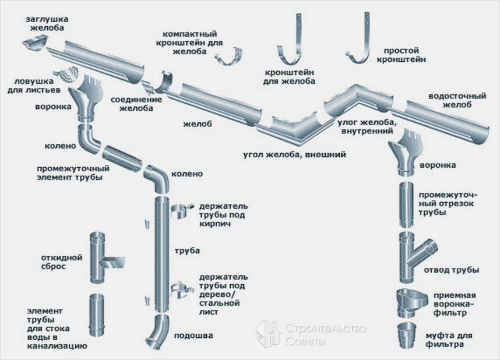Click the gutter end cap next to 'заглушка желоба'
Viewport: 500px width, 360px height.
click(x=36, y=44)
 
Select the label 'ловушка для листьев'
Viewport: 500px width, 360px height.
click(x=34, y=86)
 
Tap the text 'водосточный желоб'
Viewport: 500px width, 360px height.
click(x=457, y=100)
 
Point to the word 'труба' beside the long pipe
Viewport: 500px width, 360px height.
click(x=187, y=250)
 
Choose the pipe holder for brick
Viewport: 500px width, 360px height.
click(x=180, y=211)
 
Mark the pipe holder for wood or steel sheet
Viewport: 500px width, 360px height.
click(x=181, y=290)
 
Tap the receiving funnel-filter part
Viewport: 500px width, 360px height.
click(x=411, y=303)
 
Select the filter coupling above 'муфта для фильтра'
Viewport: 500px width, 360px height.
click(x=407, y=336)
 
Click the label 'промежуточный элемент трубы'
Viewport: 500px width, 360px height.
click(x=73, y=173)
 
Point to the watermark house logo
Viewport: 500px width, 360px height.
click(x=269, y=334)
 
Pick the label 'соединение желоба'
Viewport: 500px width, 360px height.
click(x=136, y=104)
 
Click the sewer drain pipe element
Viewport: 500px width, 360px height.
click(x=96, y=316)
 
